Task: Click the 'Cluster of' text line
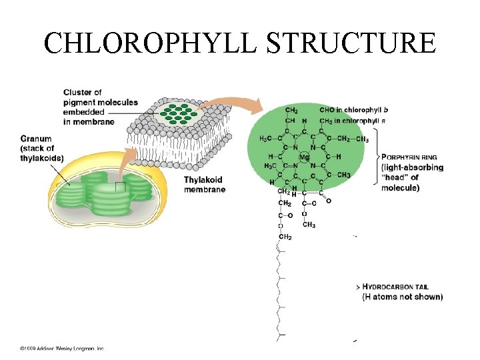tap(83, 92)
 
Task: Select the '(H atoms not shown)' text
tap(402, 297)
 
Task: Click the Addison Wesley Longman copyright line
tap(61, 348)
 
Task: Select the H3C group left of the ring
tap(265, 139)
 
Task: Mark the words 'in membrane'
tap(89, 121)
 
